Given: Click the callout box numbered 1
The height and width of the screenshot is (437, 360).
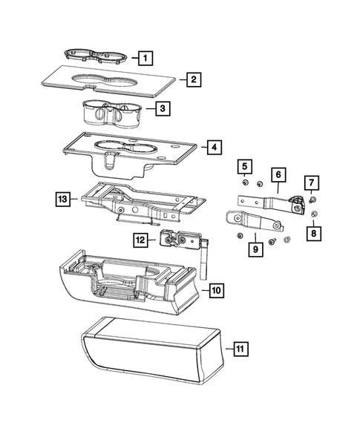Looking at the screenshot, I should (145, 58).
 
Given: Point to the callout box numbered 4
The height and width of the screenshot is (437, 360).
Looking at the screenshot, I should (213, 148).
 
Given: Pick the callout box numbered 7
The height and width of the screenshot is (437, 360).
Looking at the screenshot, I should (312, 183).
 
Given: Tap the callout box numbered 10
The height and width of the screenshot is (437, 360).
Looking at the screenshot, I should (215, 290).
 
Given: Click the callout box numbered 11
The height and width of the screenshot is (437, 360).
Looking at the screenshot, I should (238, 348).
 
